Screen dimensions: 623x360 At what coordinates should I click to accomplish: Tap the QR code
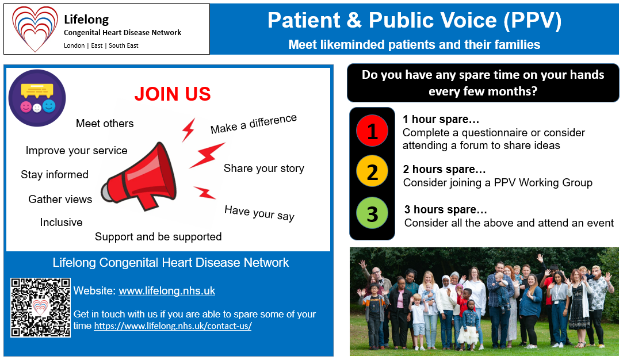(40, 308)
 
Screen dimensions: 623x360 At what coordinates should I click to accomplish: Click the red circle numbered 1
(372, 131)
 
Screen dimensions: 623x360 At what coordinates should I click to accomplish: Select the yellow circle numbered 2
(372, 171)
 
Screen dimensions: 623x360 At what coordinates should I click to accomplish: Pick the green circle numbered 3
(372, 213)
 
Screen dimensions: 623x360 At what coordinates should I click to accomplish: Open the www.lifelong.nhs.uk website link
(167, 291)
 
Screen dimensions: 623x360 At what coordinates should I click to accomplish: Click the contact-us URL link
(173, 326)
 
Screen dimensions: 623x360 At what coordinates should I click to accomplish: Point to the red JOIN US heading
(173, 94)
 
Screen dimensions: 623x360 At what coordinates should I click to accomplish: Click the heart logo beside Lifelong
(35, 29)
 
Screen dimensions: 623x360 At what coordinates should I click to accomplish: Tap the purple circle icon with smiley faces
(37, 98)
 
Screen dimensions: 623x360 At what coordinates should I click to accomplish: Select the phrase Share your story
(264, 168)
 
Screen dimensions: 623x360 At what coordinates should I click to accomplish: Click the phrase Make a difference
(254, 124)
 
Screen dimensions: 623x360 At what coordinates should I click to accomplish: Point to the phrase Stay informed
(55, 174)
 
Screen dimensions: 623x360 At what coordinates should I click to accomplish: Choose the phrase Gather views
(60, 199)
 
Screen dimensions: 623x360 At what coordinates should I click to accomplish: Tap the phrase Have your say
(259, 213)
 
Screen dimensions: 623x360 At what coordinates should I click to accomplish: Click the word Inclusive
(61, 222)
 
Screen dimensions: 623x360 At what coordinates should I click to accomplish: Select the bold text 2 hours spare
(444, 169)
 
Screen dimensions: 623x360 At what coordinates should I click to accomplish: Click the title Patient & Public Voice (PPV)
(414, 20)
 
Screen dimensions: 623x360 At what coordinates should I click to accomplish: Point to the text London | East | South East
(101, 45)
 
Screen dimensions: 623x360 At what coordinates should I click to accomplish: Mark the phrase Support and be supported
(158, 237)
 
